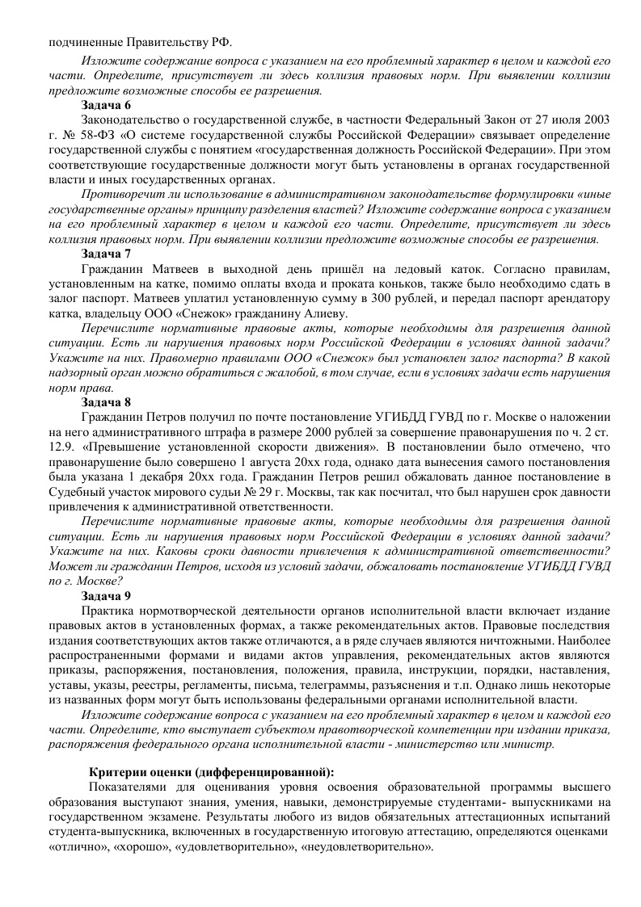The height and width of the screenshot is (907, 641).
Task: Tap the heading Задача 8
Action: coord(106,401)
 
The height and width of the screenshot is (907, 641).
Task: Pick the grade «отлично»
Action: coord(74,846)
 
